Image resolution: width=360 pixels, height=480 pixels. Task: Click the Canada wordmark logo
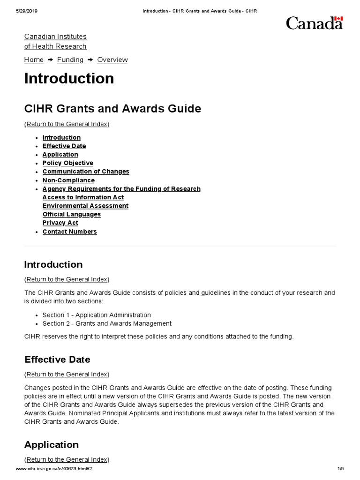pos(314,23)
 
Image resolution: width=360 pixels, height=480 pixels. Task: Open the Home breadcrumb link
pos(34,60)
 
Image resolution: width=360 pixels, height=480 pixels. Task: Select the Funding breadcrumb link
pos(70,60)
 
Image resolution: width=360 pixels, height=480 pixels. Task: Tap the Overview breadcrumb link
pos(112,60)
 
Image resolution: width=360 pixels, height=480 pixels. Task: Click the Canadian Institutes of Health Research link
pos(55,41)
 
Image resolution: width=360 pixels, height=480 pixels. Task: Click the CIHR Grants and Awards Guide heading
pos(112,108)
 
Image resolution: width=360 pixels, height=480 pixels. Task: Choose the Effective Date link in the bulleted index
pos(64,146)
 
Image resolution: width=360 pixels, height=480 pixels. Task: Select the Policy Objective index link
pos(67,163)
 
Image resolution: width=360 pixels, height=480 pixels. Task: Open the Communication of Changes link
pos(86,172)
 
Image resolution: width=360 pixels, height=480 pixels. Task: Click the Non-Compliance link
pos(68,180)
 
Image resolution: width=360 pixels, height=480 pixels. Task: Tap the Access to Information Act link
pos(83,197)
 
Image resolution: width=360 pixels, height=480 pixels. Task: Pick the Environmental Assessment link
pos(85,206)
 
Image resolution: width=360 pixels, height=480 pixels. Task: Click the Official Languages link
pos(72,214)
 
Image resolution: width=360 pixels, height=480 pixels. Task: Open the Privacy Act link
pos(60,223)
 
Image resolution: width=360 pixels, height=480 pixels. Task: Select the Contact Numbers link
pos(69,232)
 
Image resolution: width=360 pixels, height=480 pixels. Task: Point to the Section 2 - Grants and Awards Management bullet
pos(107,323)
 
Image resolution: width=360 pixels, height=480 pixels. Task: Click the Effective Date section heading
pos(57,360)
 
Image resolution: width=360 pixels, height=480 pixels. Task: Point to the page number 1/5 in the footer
pos(340,469)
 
